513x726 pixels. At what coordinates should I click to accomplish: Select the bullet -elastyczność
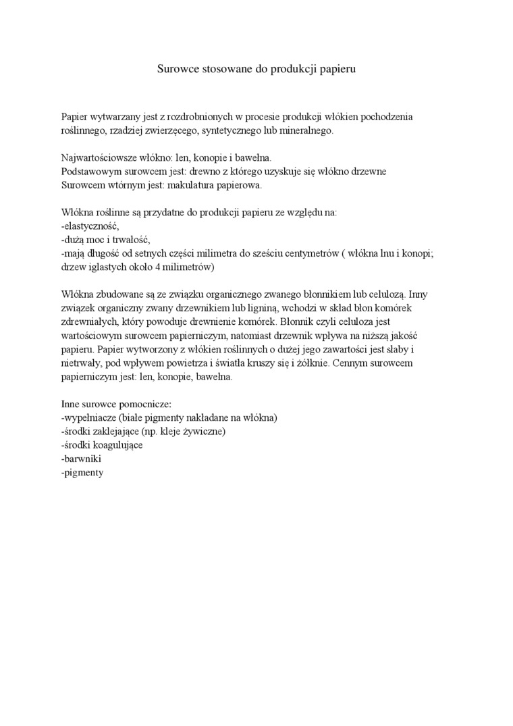point(90,226)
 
